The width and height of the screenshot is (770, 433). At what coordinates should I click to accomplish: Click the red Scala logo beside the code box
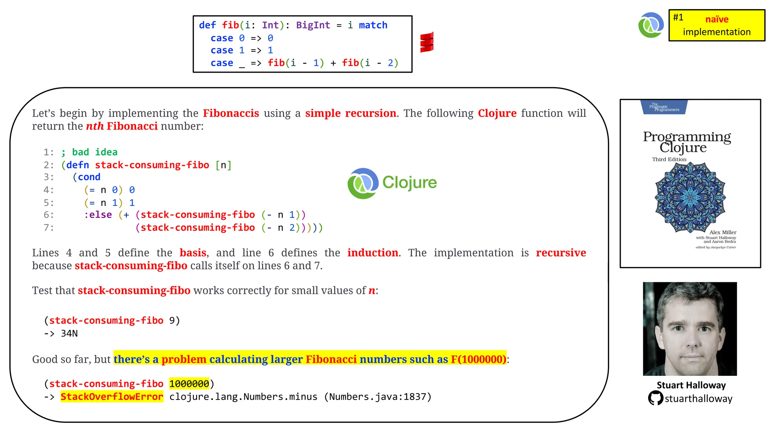(427, 42)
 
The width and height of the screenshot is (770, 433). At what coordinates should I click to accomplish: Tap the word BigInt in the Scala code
(313, 25)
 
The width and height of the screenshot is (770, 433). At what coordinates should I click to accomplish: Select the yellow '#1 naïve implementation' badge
(717, 25)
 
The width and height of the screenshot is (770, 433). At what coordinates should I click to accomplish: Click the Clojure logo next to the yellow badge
(651, 25)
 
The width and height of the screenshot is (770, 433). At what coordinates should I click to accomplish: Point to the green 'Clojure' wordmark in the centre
(409, 183)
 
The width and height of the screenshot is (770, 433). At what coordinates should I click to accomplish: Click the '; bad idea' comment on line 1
(89, 152)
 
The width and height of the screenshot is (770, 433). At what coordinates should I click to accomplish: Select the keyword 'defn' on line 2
(78, 165)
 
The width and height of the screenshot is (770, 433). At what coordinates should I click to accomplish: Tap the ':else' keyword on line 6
(98, 215)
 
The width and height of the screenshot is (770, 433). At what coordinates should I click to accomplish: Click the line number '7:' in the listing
(49, 228)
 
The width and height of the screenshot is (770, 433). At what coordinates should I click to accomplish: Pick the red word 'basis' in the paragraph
(193, 253)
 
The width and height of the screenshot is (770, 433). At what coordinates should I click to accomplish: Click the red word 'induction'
(373, 253)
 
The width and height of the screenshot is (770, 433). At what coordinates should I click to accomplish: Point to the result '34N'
(69, 333)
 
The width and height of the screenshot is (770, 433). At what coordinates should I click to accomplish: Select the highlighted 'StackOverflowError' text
(112, 397)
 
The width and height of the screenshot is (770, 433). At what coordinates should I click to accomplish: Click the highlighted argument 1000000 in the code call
(189, 384)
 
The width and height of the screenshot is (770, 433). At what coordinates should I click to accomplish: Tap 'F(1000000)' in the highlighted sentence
(479, 359)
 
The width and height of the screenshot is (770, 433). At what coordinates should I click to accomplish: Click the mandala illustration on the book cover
(690, 197)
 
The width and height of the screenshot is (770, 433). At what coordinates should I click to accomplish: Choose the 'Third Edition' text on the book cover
(669, 159)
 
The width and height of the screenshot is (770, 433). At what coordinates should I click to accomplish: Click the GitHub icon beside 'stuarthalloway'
(655, 398)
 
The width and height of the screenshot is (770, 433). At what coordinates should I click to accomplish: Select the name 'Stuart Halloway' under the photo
(691, 385)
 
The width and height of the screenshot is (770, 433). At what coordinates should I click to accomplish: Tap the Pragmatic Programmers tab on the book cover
(664, 107)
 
